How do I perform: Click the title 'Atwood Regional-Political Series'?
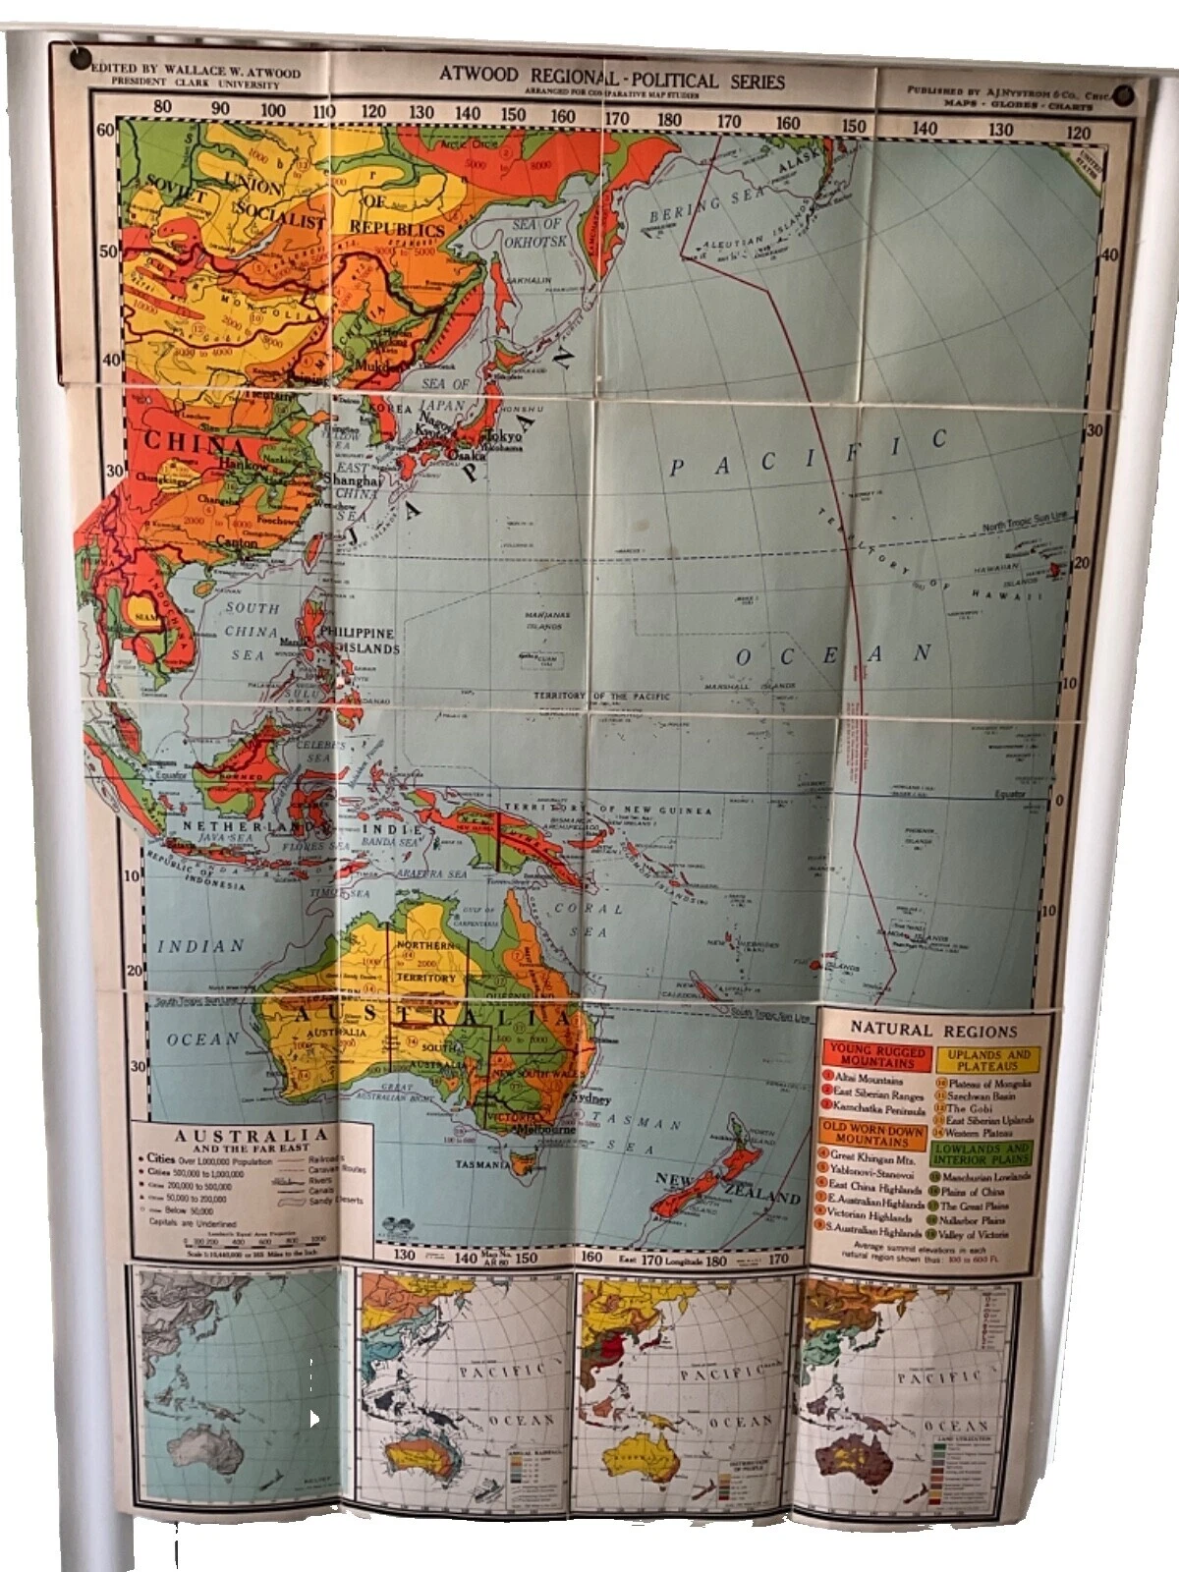(x=611, y=79)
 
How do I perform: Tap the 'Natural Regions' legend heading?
(x=933, y=1030)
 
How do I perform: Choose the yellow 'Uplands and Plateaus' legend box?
(x=988, y=1059)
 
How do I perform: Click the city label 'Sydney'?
(x=589, y=1099)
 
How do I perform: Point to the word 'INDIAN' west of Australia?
(x=201, y=945)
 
